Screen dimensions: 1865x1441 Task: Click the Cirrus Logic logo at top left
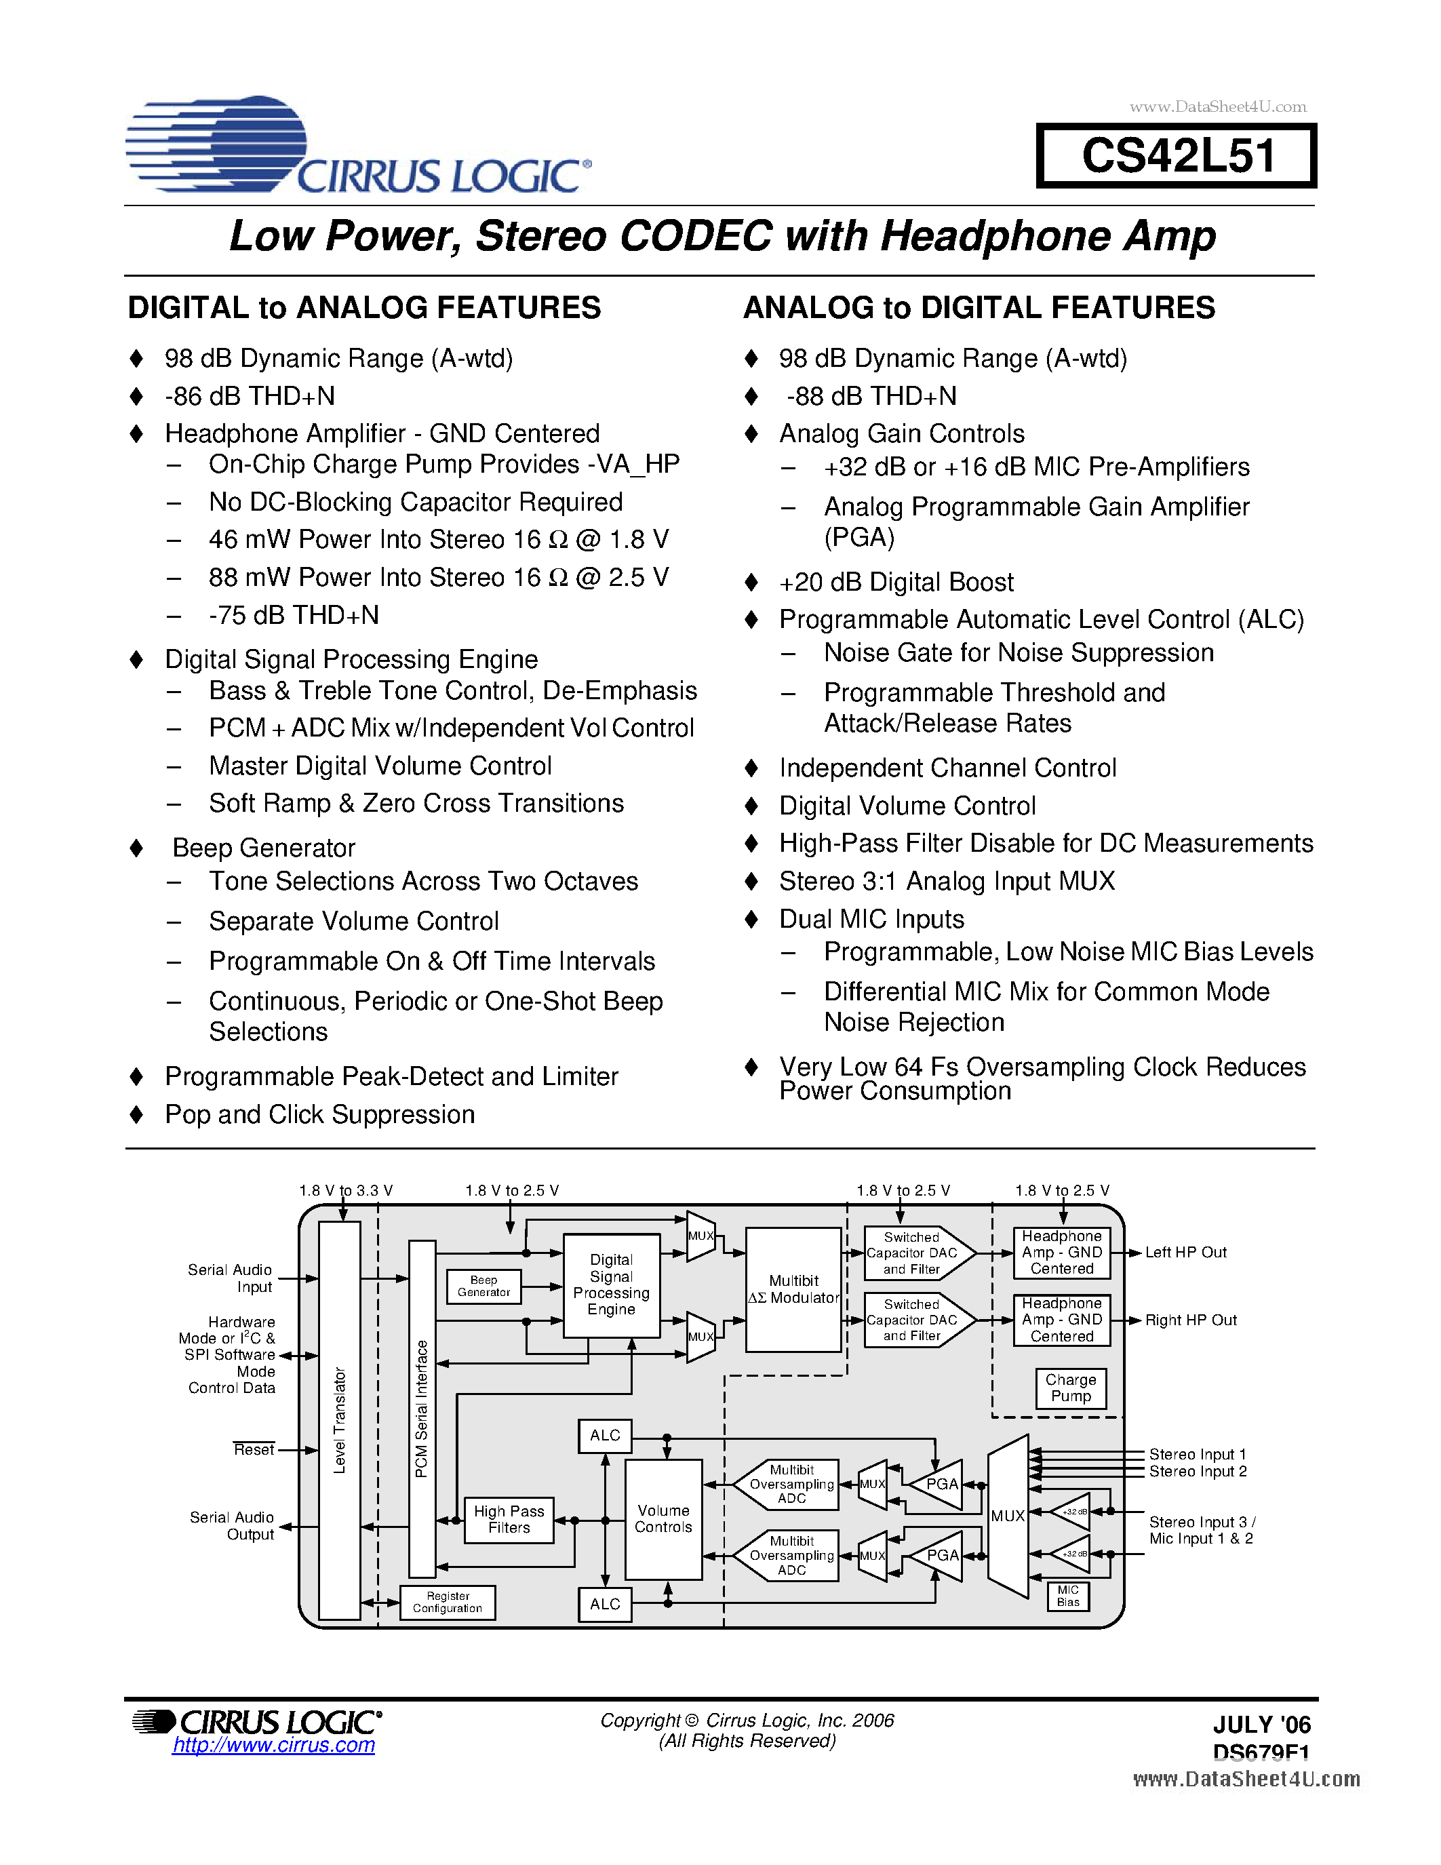pyautogui.click(x=359, y=147)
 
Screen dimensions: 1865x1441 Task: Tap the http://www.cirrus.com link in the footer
pyautogui.click(x=273, y=1746)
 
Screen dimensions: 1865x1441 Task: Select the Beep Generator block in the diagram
pyautogui.click(x=483, y=1286)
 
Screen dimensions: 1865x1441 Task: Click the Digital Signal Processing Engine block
pyautogui.click(x=611, y=1284)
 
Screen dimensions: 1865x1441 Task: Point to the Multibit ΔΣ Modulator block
pyautogui.click(x=793, y=1289)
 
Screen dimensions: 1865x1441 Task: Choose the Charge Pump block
pyautogui.click(x=1071, y=1388)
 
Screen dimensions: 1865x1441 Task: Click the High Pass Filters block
pyautogui.click(x=509, y=1519)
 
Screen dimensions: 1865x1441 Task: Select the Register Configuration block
pyautogui.click(x=448, y=1602)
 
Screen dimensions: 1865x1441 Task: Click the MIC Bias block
pyautogui.click(x=1068, y=1596)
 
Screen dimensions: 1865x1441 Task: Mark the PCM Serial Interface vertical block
pyautogui.click(x=422, y=1409)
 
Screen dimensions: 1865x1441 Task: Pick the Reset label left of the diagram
pyautogui.click(x=254, y=1450)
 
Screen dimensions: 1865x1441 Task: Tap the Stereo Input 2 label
pyautogui.click(x=1197, y=1472)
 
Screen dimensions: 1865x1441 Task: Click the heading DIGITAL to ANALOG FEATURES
pyautogui.click(x=365, y=307)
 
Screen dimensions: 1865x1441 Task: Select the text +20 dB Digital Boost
pyautogui.click(x=896, y=583)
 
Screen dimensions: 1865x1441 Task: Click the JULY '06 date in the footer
pyautogui.click(x=1261, y=1725)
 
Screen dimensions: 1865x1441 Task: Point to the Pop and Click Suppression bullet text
pyautogui.click(x=319, y=1114)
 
